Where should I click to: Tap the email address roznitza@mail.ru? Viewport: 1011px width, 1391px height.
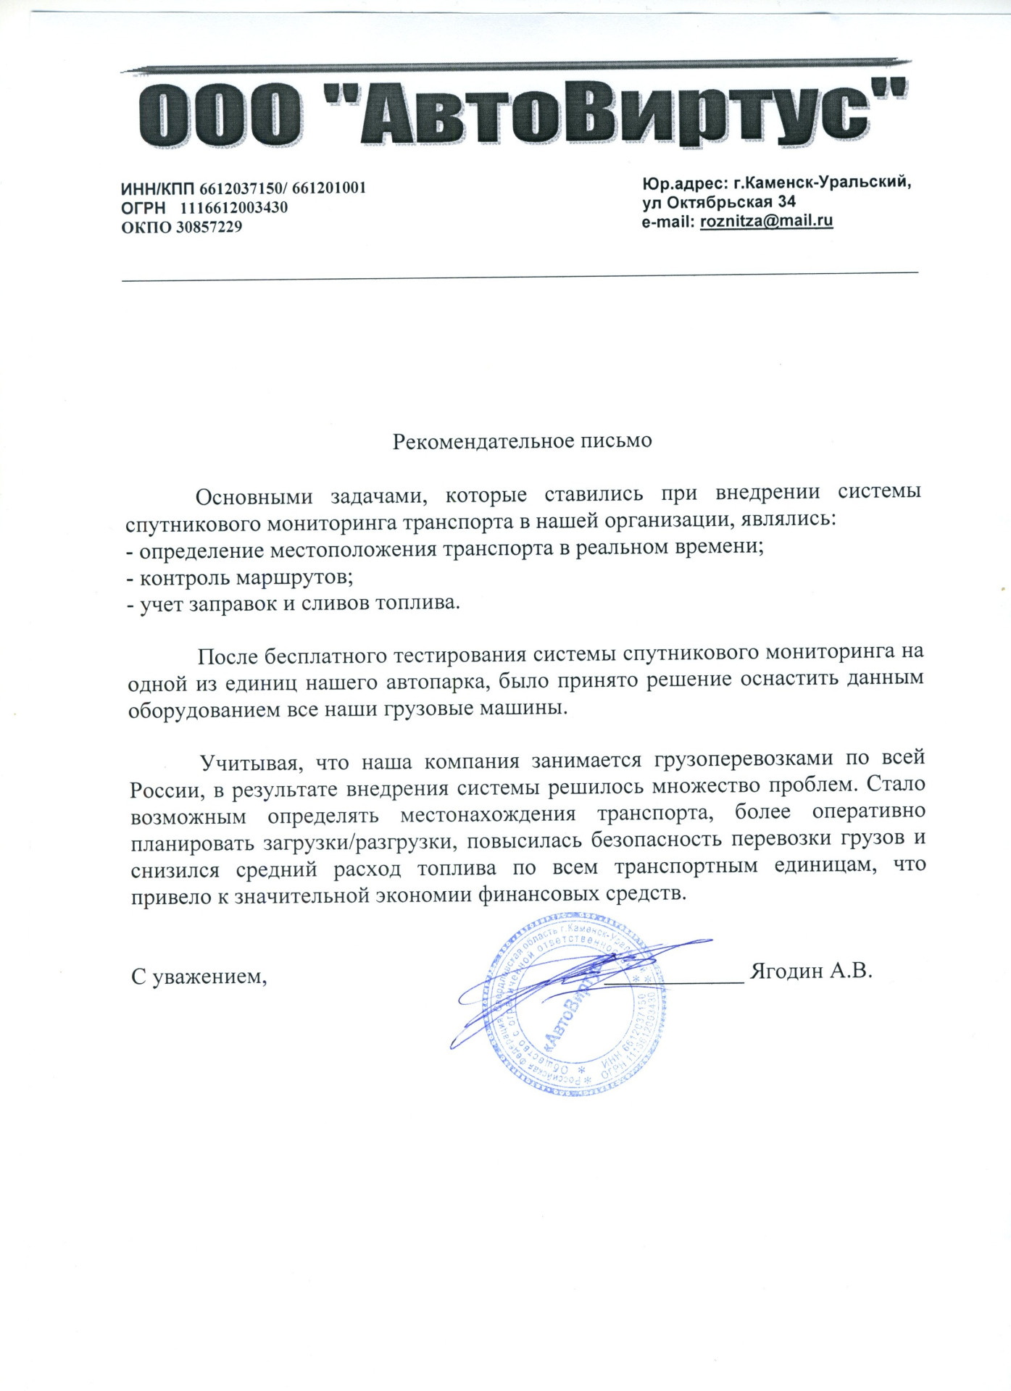[x=766, y=221]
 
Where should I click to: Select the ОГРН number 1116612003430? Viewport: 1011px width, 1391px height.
[x=234, y=208]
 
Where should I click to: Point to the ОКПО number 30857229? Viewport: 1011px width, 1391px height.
[x=209, y=227]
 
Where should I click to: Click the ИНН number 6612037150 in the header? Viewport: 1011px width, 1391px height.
[x=239, y=188]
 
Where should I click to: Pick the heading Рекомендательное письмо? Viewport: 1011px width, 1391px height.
[x=522, y=440]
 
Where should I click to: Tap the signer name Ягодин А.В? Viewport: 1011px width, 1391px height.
[x=810, y=970]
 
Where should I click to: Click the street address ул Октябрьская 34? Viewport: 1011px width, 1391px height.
[x=718, y=202]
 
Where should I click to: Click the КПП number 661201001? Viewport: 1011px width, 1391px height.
[x=329, y=188]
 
